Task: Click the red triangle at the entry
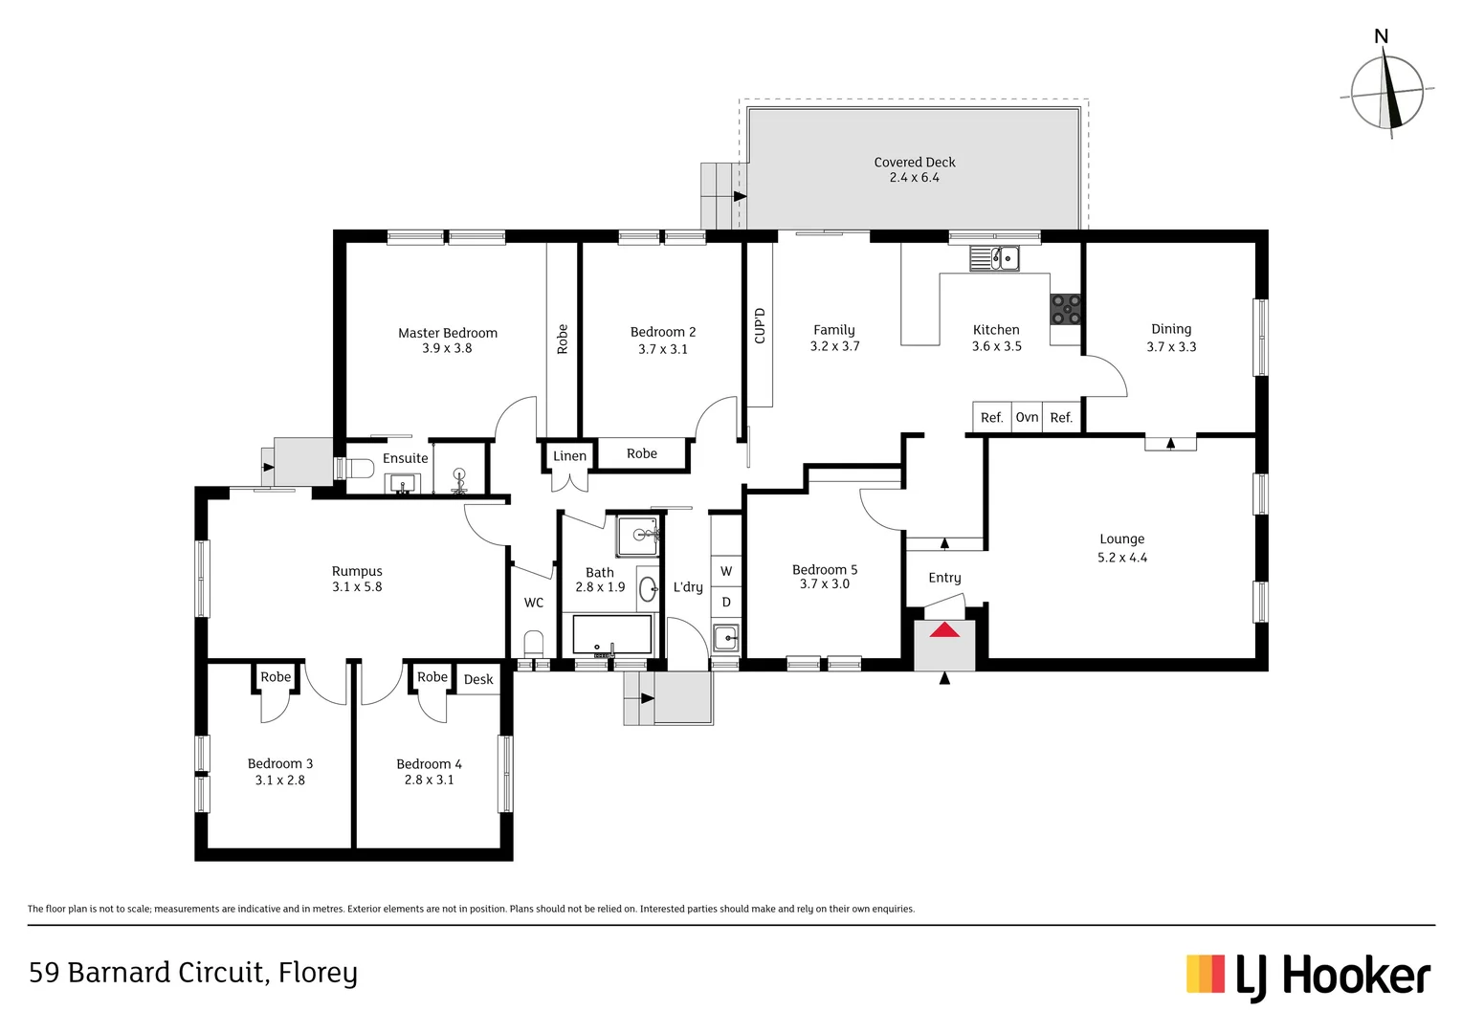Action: (x=944, y=629)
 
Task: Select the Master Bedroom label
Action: (x=448, y=333)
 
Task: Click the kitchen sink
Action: (x=994, y=258)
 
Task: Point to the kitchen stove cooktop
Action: (x=1065, y=309)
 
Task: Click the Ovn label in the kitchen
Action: (x=1027, y=417)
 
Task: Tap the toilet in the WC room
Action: (x=534, y=644)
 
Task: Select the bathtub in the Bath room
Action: (x=612, y=634)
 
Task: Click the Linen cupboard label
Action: (x=570, y=455)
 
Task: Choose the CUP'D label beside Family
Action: (x=759, y=325)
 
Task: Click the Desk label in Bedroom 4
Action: (x=478, y=679)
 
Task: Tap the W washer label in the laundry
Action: (x=726, y=571)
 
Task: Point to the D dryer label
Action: (x=726, y=603)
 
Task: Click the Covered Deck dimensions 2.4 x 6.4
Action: (x=915, y=178)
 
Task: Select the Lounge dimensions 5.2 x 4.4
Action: (x=1122, y=558)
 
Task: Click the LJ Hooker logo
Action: (x=1308, y=977)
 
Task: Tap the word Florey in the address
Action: (x=318, y=973)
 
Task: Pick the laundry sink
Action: (x=726, y=638)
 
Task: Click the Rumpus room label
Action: (x=357, y=572)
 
